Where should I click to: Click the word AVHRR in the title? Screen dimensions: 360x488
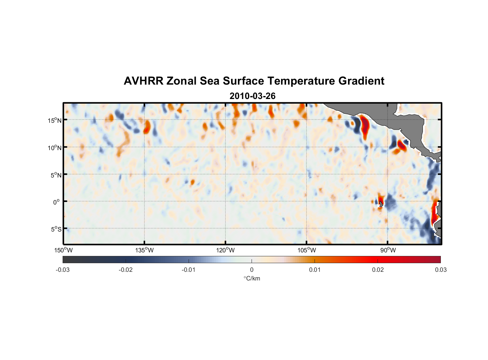pos(143,81)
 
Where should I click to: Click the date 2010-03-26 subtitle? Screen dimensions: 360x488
pos(252,96)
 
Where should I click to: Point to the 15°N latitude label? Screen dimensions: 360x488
pos(55,120)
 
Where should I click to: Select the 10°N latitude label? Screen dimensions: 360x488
pos(55,148)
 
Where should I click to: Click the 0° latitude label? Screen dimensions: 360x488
pos(56,202)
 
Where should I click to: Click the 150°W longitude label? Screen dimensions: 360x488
pos(63,250)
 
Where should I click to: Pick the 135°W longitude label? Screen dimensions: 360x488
pos(144,250)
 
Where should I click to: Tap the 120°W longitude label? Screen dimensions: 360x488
pos(225,250)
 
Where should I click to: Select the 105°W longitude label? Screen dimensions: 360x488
pos(307,250)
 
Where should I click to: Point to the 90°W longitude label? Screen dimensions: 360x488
pos(388,250)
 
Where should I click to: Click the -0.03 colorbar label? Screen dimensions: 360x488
pos(63,270)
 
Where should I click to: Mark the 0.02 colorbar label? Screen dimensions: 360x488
pos(378,270)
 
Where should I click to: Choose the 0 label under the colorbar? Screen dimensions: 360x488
pos(252,270)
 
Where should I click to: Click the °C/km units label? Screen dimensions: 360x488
pos(252,278)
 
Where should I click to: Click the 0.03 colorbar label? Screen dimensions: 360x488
pos(440,270)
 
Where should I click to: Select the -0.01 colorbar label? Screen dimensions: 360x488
pos(189,270)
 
